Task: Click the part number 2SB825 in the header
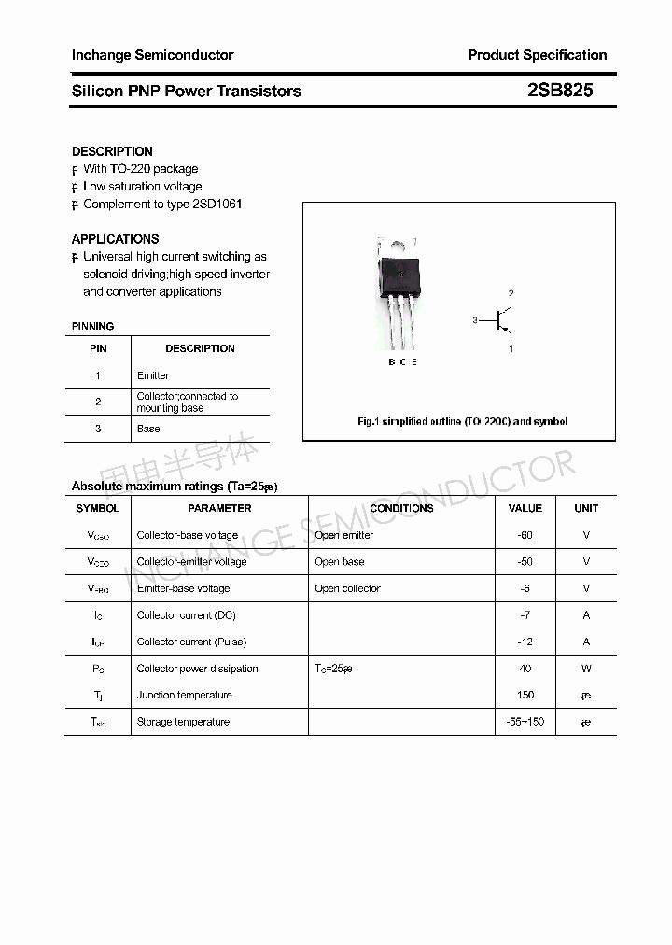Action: tap(560, 92)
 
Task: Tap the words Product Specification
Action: tap(537, 55)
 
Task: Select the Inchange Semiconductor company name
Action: tap(153, 55)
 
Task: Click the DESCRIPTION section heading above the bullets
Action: tap(112, 151)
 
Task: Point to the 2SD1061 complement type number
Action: tap(217, 204)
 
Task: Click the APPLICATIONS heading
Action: tap(115, 239)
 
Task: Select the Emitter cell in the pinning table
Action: tap(153, 375)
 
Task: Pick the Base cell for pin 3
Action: tap(148, 429)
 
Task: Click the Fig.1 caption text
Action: tap(462, 421)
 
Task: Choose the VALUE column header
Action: tap(525, 508)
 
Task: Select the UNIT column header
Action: tap(586, 508)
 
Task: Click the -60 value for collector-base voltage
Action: tap(525, 535)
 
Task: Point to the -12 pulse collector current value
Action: tap(525, 642)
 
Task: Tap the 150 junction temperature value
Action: tap(525, 695)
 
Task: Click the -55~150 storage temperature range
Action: tap(525, 722)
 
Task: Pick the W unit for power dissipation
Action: tap(586, 669)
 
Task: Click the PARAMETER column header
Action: tap(219, 508)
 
